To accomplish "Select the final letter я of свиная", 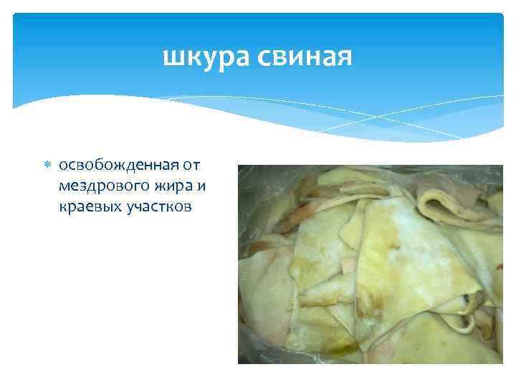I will (343, 57).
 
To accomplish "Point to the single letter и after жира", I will (203, 187).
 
